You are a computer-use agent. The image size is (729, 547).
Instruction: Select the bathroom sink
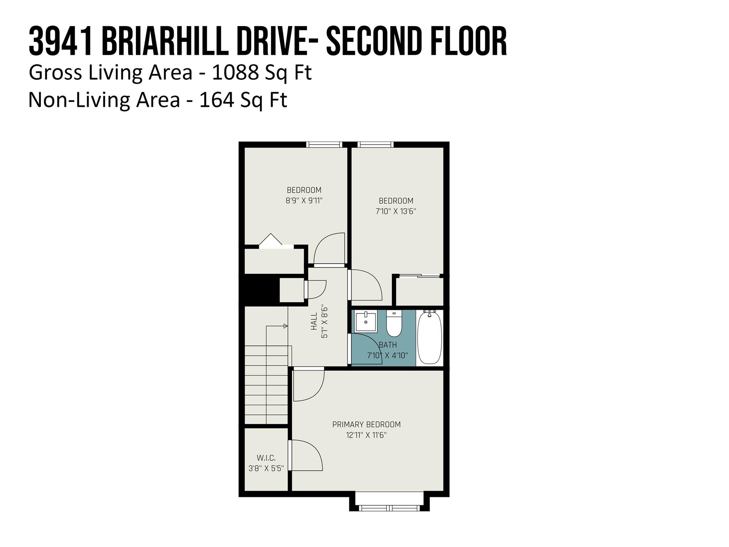coord(366,321)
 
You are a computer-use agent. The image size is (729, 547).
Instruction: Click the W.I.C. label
coord(266,458)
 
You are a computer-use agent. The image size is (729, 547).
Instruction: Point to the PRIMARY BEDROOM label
coord(366,424)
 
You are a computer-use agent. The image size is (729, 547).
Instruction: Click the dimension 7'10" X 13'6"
coord(396,211)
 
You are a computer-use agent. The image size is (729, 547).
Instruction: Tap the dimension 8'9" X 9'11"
coord(304,200)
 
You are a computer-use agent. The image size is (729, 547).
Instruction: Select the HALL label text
coord(314,321)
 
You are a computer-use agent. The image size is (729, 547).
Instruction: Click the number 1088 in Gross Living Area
coord(235,72)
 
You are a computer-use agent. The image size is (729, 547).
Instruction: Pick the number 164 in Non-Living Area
coord(217,100)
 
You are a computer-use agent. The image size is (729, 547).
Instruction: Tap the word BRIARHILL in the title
coord(165,42)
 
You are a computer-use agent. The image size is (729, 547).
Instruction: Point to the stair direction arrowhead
coord(285,326)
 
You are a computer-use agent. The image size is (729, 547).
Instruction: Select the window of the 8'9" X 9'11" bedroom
coord(324,145)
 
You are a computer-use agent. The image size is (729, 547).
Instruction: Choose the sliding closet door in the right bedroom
coord(420,275)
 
